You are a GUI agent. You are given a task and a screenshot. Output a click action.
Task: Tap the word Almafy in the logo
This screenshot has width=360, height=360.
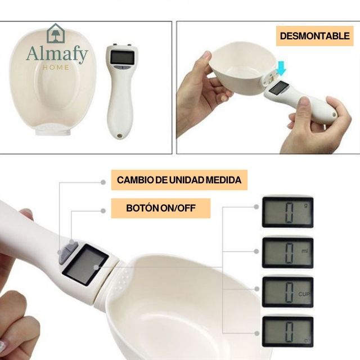(x=57, y=55)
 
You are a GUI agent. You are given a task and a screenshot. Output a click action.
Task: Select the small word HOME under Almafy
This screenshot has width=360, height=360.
(x=56, y=67)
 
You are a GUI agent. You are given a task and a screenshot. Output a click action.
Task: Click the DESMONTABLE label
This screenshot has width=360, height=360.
(x=314, y=36)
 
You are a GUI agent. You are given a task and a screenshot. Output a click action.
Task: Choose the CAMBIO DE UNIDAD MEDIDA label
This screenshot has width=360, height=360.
(x=179, y=180)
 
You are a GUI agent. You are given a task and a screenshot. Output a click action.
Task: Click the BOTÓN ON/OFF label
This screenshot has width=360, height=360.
(x=160, y=208)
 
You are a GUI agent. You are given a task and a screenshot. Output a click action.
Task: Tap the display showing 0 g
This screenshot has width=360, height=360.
(x=287, y=211)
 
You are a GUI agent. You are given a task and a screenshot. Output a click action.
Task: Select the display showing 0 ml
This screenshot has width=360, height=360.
(x=287, y=252)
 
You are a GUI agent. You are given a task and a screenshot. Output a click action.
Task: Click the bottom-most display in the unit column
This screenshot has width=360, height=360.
(x=287, y=332)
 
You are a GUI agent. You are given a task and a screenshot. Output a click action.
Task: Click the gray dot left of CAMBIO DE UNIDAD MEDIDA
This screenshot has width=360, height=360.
(x=103, y=181)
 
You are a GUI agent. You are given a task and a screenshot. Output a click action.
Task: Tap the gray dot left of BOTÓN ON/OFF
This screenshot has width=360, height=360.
(x=103, y=210)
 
